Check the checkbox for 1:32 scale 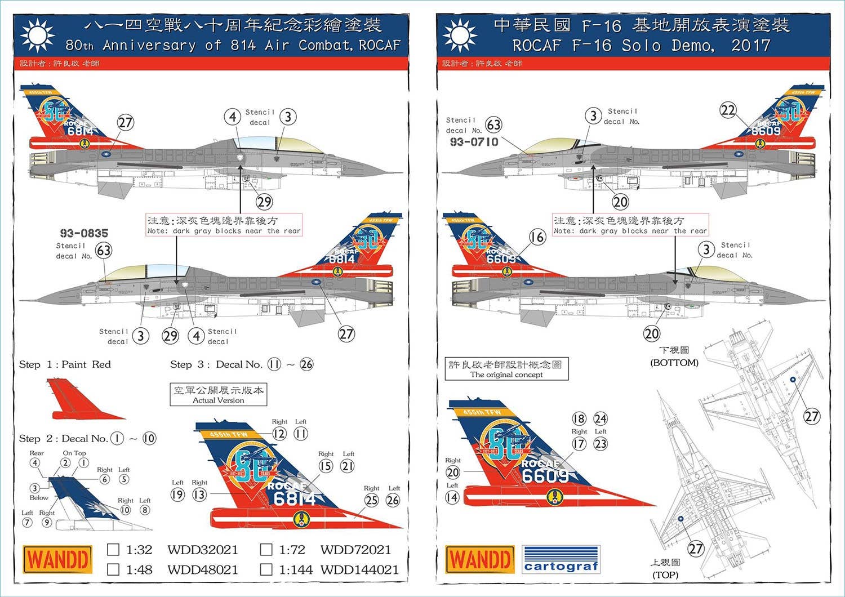[113, 550]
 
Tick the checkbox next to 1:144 [266, 569]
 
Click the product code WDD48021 [202, 569]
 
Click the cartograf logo [561, 560]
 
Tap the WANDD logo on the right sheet [480, 560]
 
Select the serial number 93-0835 [84, 233]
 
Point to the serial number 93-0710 [474, 142]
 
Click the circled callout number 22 [728, 110]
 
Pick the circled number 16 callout [537, 237]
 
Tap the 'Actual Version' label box [219, 395]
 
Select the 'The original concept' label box [506, 369]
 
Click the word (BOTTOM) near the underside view [674, 363]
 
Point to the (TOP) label [665, 575]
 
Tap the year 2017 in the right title [750, 45]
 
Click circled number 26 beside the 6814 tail [393, 500]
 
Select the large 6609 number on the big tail [545, 476]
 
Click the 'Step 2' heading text [38, 439]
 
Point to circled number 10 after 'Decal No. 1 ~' [149, 438]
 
